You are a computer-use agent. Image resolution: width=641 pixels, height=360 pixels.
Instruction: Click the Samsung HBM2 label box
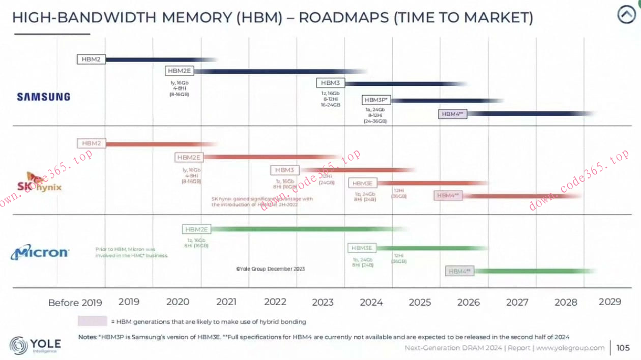tap(91, 59)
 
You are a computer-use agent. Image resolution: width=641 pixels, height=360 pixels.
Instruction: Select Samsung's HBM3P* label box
tap(376, 100)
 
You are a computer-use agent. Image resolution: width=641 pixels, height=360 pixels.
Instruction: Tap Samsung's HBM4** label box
tap(452, 114)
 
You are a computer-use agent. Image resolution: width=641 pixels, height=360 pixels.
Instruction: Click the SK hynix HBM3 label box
tap(285, 170)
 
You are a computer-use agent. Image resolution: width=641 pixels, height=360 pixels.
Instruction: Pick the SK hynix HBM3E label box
tap(363, 183)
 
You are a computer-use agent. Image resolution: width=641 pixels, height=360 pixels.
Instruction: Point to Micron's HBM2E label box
tap(196, 229)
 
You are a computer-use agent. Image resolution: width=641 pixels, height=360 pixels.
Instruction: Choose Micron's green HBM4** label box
tap(460, 272)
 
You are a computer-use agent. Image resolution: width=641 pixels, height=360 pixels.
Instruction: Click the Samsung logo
tap(44, 97)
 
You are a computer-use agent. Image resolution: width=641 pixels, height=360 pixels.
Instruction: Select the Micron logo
tap(40, 252)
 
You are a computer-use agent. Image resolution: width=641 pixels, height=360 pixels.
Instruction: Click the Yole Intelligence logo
tap(36, 345)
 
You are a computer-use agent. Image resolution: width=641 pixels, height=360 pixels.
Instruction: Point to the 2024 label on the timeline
tap(371, 302)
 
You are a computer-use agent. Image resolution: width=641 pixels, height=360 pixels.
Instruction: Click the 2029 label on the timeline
tap(609, 302)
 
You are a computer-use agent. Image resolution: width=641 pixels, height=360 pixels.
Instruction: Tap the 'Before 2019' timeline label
tap(75, 303)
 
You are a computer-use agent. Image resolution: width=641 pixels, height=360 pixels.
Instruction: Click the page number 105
tap(623, 348)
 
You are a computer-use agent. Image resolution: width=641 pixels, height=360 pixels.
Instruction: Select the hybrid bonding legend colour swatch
tap(92, 321)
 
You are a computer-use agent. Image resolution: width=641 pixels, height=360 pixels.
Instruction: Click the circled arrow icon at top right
tap(626, 15)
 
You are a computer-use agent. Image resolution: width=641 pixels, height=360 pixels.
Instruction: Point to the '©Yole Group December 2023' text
tap(270, 268)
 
